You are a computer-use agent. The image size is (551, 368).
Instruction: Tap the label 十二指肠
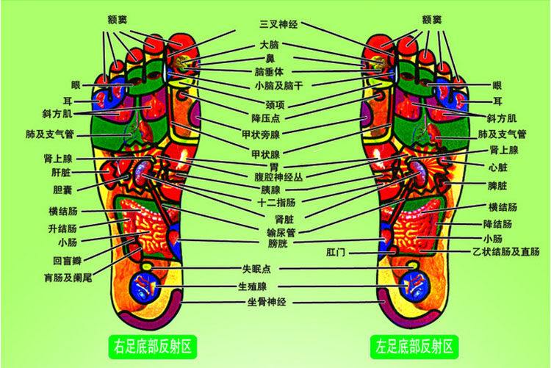click(273, 201)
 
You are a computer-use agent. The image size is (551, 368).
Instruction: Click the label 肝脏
click(61, 173)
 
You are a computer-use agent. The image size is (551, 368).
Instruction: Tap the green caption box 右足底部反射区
click(152, 344)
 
